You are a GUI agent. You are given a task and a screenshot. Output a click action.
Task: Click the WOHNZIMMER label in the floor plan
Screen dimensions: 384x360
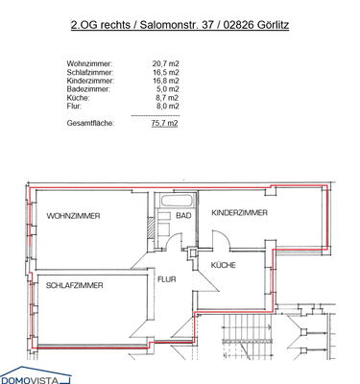pyautogui.click(x=74, y=217)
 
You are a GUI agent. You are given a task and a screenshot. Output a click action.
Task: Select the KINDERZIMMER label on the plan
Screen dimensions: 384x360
pyautogui.click(x=240, y=212)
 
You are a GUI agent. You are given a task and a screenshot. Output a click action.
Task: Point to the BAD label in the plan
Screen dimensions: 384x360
pyautogui.click(x=183, y=217)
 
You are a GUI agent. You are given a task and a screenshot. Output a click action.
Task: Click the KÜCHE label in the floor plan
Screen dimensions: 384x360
pyautogui.click(x=224, y=264)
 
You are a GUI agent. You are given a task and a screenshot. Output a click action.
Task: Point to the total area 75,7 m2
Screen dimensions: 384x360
pyautogui.click(x=165, y=123)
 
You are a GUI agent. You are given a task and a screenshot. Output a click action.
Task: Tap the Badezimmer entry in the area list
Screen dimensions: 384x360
pyautogui.click(x=90, y=89)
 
